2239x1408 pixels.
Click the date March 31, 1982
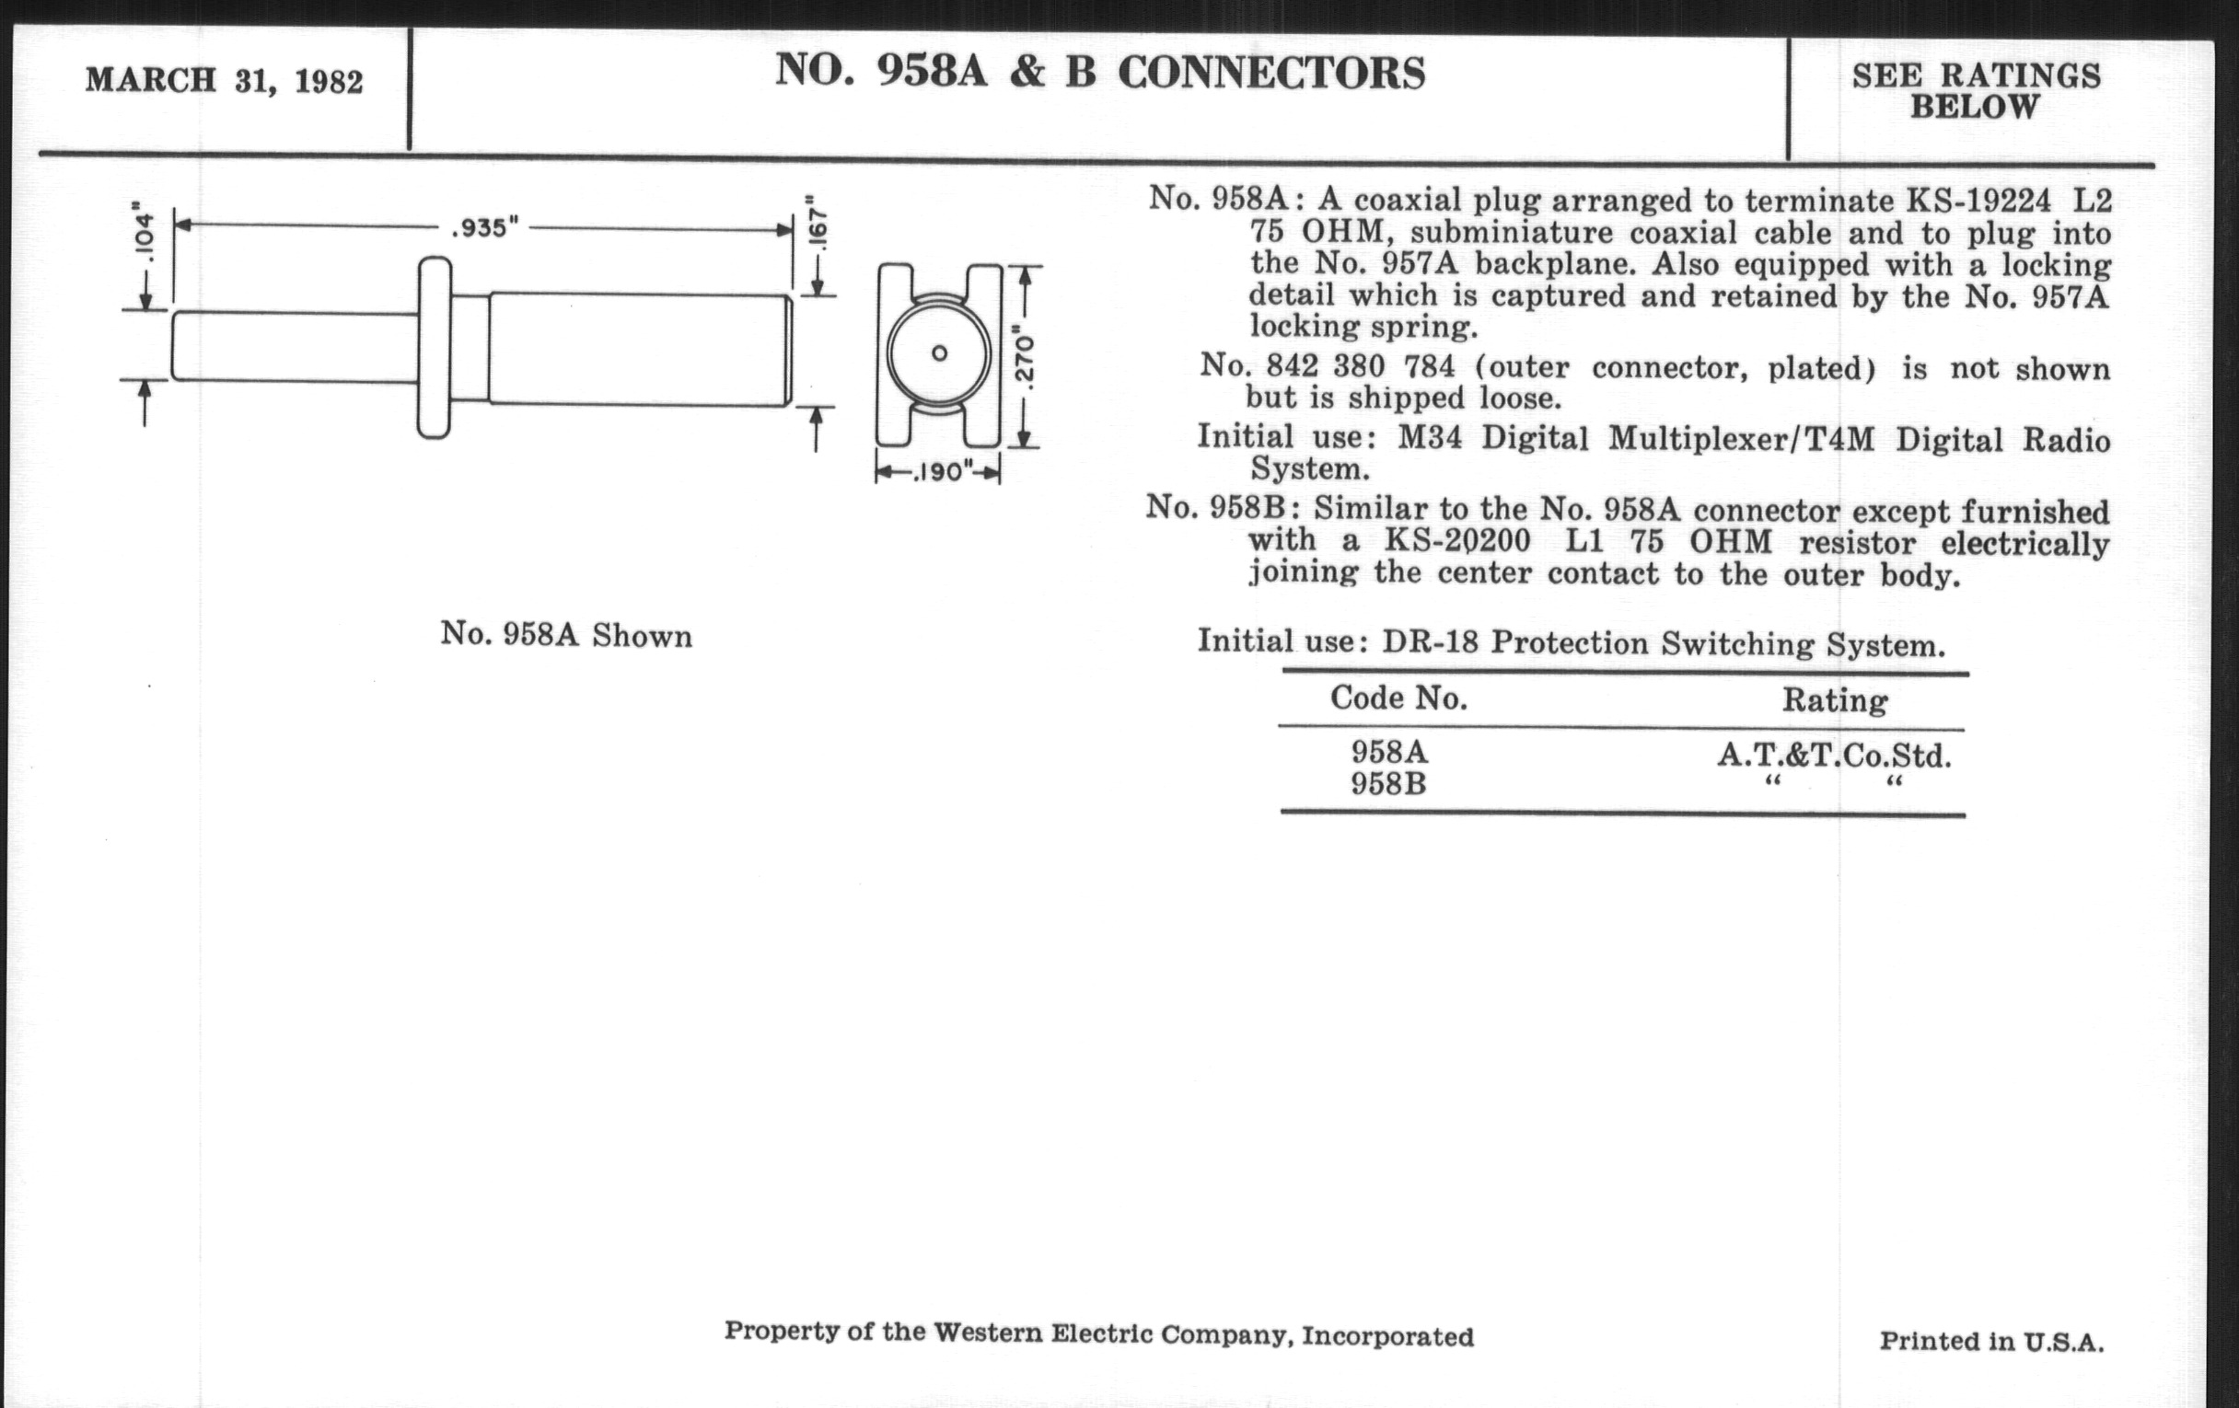224,81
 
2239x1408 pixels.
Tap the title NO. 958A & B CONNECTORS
1100,72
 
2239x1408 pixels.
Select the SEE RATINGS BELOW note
1976,91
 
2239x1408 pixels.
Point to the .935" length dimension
484,227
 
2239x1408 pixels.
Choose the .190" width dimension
940,472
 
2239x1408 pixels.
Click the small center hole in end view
939,353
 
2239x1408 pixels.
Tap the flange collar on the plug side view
435,348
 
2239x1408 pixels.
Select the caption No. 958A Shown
566,635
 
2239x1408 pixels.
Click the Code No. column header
1398,697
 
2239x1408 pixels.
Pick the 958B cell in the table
1388,783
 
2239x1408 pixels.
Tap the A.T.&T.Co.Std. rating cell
1834,756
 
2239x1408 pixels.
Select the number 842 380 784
1361,366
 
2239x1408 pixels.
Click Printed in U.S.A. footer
1991,1341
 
